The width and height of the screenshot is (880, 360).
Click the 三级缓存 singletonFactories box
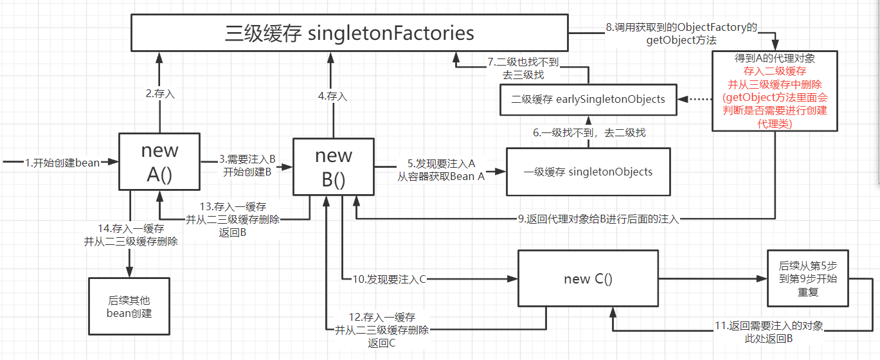(350, 33)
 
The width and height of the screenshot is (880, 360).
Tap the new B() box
(333, 166)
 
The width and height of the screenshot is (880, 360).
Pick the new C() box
(588, 278)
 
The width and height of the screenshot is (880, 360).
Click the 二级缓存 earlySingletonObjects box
(588, 99)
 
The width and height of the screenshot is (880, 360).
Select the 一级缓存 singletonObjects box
(588, 172)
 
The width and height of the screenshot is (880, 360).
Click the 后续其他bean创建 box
(129, 306)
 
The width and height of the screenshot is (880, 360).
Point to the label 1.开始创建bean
(62, 163)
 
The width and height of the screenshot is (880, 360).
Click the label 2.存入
(160, 93)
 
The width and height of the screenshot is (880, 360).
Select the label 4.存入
(332, 96)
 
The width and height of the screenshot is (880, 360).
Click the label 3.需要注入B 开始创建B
(246, 165)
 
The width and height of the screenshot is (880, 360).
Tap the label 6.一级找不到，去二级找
(589, 132)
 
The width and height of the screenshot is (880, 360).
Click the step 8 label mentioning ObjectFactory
(681, 34)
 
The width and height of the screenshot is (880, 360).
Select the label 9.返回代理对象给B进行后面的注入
(598, 219)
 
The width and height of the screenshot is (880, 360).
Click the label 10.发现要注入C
(390, 279)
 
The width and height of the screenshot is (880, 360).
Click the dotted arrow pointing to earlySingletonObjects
(694, 100)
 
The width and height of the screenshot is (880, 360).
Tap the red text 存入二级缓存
(775, 71)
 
